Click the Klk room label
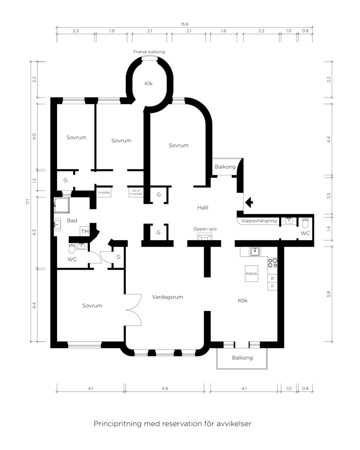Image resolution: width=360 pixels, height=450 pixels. point(148,83)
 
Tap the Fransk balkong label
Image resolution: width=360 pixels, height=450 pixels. point(149,52)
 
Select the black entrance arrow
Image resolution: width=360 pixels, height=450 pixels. point(249,202)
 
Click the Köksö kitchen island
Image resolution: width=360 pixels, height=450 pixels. point(251,274)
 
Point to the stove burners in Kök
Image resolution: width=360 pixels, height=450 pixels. point(273,263)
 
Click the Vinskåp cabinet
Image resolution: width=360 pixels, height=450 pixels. point(104,192)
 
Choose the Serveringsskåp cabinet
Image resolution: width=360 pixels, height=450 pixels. point(136,192)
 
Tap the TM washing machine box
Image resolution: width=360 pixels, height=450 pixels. point(85,231)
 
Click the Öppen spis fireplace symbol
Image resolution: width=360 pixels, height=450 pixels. point(205,237)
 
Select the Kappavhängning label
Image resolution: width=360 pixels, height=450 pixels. point(259,221)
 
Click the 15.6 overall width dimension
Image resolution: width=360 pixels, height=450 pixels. point(184,24)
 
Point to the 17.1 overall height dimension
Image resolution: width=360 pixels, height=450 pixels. point(28,202)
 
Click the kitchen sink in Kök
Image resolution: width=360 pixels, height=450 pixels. point(255,252)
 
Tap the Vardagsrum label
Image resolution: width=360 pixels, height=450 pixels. point(167,297)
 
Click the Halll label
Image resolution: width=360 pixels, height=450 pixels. point(203,208)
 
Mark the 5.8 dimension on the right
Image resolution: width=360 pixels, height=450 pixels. point(329,294)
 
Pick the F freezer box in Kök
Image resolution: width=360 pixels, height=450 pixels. point(272,286)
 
